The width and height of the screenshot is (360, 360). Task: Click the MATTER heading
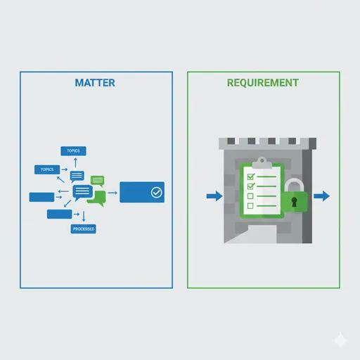[x=95, y=83]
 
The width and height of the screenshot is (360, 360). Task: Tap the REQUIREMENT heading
[x=263, y=83]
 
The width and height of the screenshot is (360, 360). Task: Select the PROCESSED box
[x=84, y=229]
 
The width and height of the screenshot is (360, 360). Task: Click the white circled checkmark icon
[x=156, y=193]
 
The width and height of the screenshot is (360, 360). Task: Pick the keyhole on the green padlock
[x=294, y=202]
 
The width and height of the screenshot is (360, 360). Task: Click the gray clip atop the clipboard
[x=262, y=163]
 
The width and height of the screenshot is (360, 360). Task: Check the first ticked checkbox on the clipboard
[x=251, y=176]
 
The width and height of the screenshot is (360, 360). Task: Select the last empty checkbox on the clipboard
[x=250, y=206]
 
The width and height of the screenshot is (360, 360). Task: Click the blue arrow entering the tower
[x=214, y=196]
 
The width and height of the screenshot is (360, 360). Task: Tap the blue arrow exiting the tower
[x=322, y=196]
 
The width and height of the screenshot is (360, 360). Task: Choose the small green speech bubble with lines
[x=97, y=181]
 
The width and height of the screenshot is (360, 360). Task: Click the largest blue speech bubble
[x=82, y=192]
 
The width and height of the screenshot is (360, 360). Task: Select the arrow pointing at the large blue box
[x=112, y=193]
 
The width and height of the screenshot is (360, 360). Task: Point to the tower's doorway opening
[x=262, y=234]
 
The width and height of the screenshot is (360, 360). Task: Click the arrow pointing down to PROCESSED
[x=84, y=216]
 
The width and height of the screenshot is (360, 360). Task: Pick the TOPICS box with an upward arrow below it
[x=73, y=151]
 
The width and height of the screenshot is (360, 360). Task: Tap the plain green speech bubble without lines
[x=97, y=198]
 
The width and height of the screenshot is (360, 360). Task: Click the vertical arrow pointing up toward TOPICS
[x=75, y=162]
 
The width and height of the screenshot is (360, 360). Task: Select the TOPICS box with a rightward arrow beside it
[x=47, y=169]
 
